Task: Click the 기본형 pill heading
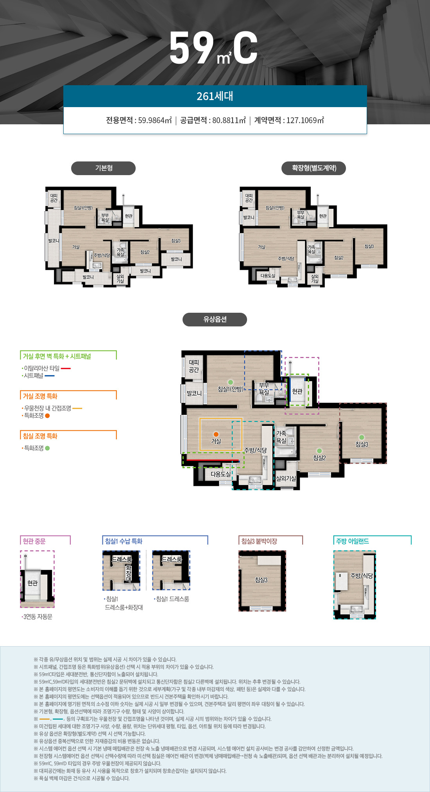(x=104, y=168)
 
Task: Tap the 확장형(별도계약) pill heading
(x=314, y=168)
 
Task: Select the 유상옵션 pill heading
(x=215, y=319)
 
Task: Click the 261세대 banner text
(x=215, y=96)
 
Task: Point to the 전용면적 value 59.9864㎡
(x=155, y=120)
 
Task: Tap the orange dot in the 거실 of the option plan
(x=216, y=434)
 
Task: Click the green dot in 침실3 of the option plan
(x=362, y=437)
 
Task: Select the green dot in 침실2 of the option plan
(x=319, y=451)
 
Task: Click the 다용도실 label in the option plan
(x=221, y=474)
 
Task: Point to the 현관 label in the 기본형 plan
(x=129, y=216)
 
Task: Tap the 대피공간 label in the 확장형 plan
(x=249, y=198)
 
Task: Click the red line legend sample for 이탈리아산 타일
(x=66, y=368)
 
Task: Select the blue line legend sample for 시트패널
(x=50, y=376)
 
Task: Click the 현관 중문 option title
(x=34, y=541)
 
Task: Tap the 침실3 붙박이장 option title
(x=259, y=541)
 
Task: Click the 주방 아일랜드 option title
(x=353, y=541)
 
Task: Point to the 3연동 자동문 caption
(x=37, y=616)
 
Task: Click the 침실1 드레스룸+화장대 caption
(x=124, y=603)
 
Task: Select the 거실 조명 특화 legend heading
(x=40, y=396)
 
